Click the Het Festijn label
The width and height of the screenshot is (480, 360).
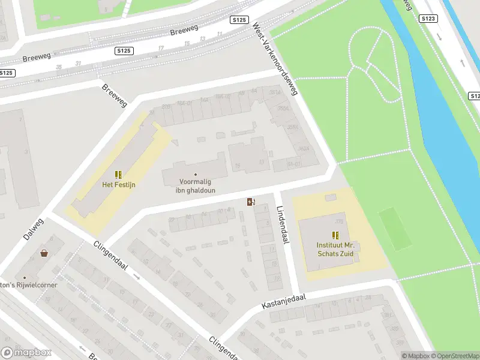(x=118, y=184)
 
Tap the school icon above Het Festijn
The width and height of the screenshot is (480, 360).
(x=119, y=175)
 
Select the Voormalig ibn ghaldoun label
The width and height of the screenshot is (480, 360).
(x=195, y=186)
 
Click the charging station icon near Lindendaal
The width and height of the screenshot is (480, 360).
(x=250, y=202)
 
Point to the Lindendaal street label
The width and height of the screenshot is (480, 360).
(x=283, y=225)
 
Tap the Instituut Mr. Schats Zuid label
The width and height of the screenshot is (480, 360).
(x=335, y=250)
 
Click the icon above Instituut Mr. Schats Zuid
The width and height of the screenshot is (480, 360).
(x=335, y=235)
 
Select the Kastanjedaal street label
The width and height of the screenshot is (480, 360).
(x=284, y=302)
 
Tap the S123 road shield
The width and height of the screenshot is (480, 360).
(x=428, y=19)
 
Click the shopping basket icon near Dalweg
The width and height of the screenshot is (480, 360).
(x=44, y=253)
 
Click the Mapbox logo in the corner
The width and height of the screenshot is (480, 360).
(x=26, y=353)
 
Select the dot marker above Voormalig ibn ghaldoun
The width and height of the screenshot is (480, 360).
(x=195, y=175)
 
